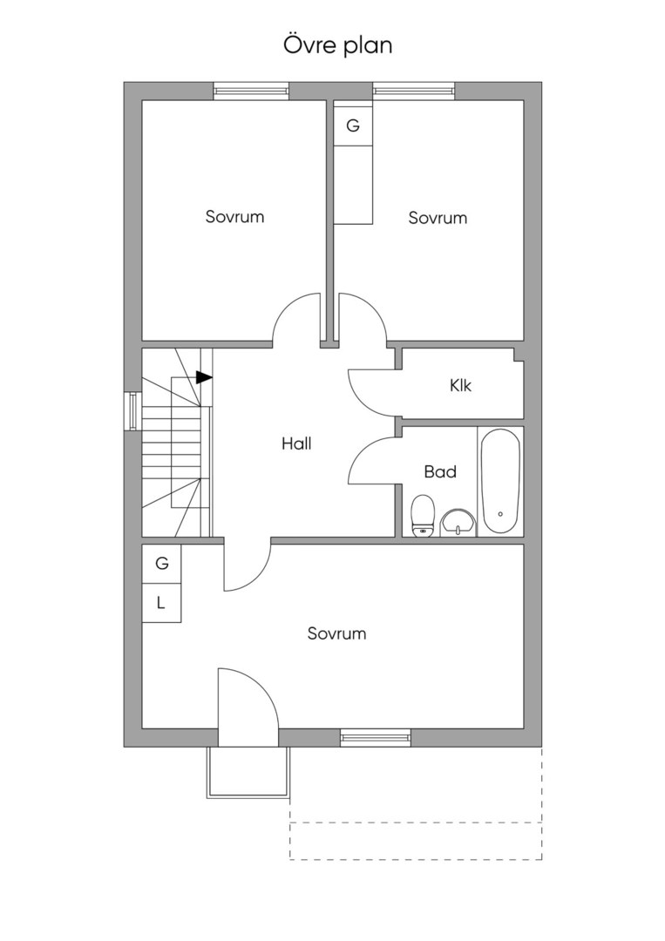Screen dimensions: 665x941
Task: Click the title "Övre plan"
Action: click(x=337, y=45)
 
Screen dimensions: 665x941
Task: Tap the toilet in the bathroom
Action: click(x=423, y=515)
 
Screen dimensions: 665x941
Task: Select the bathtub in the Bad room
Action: click(x=500, y=481)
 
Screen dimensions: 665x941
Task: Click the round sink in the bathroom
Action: click(x=458, y=524)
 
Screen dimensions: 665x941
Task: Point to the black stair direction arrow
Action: click(x=204, y=377)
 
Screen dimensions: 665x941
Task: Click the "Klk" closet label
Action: click(x=460, y=385)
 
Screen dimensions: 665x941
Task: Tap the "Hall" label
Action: click(x=296, y=444)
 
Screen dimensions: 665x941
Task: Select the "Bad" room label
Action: click(x=440, y=471)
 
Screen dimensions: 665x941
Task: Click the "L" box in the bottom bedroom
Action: click(x=161, y=603)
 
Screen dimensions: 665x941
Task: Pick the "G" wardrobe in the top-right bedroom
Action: click(x=354, y=126)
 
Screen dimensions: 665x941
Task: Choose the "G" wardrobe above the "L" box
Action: click(x=161, y=564)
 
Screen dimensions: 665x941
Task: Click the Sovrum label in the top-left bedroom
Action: click(x=234, y=216)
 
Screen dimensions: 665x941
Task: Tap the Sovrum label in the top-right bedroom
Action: click(x=438, y=217)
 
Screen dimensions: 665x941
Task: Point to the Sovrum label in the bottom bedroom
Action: click(x=336, y=633)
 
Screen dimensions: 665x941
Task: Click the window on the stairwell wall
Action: click(x=132, y=411)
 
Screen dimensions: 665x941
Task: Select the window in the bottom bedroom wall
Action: click(x=376, y=738)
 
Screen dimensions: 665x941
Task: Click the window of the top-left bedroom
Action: click(x=252, y=91)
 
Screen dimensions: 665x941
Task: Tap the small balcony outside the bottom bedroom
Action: click(x=248, y=772)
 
